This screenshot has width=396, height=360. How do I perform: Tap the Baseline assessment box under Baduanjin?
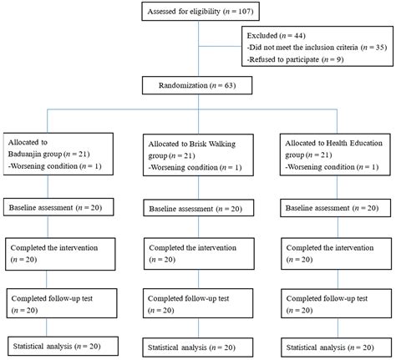57,206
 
